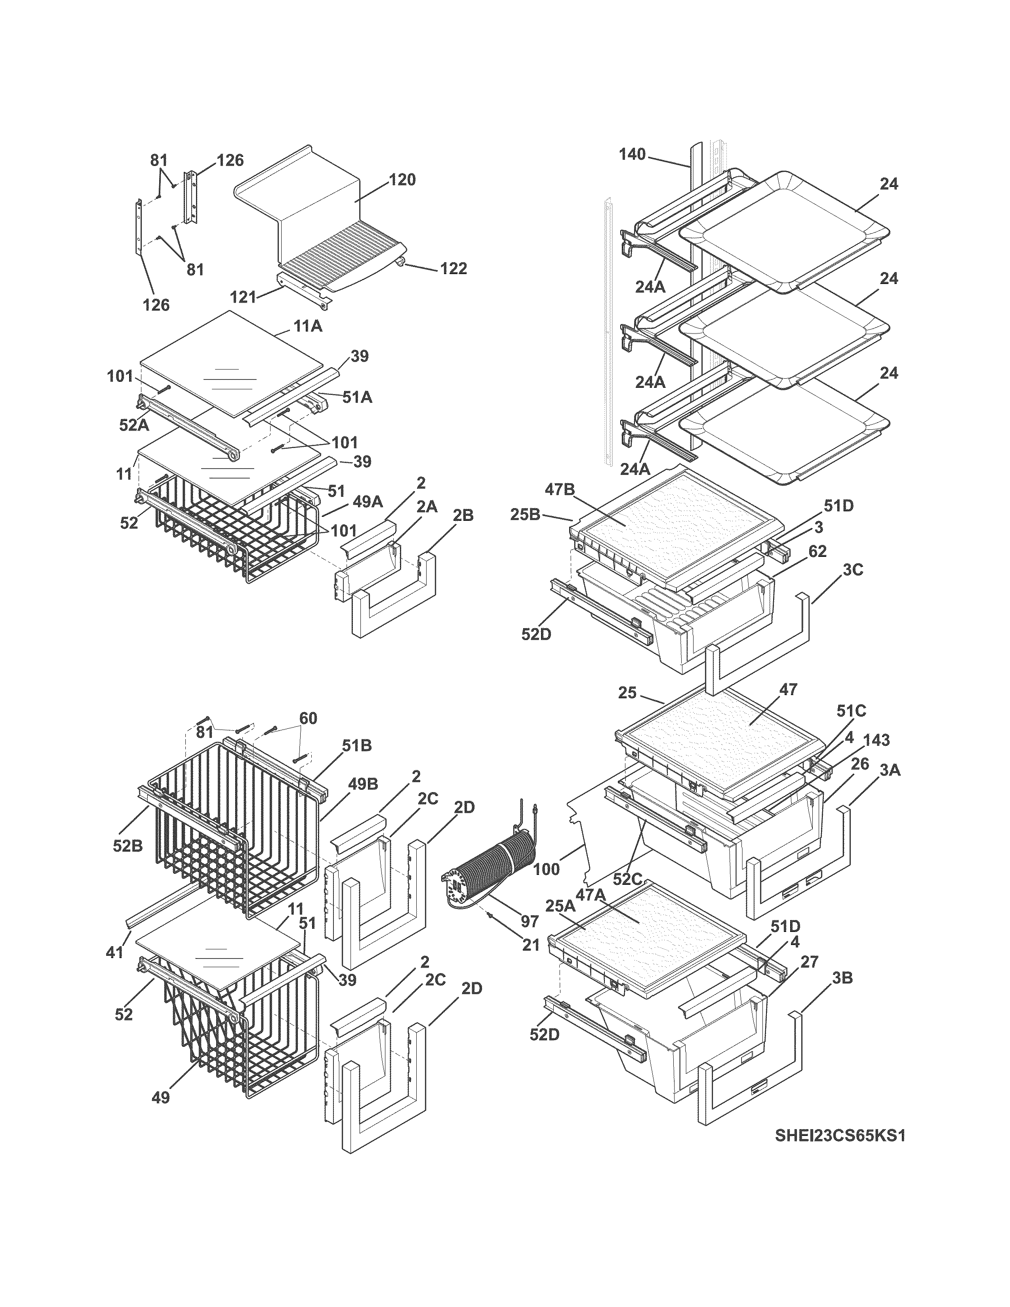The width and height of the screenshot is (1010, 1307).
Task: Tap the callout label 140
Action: (x=632, y=154)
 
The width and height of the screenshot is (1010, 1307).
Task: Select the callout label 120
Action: (x=402, y=179)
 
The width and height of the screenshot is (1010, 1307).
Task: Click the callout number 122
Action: (x=453, y=269)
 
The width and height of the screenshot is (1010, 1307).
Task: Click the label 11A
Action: (x=307, y=326)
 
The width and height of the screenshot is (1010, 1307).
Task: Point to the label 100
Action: (x=546, y=869)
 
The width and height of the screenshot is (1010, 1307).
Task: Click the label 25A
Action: (x=560, y=906)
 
